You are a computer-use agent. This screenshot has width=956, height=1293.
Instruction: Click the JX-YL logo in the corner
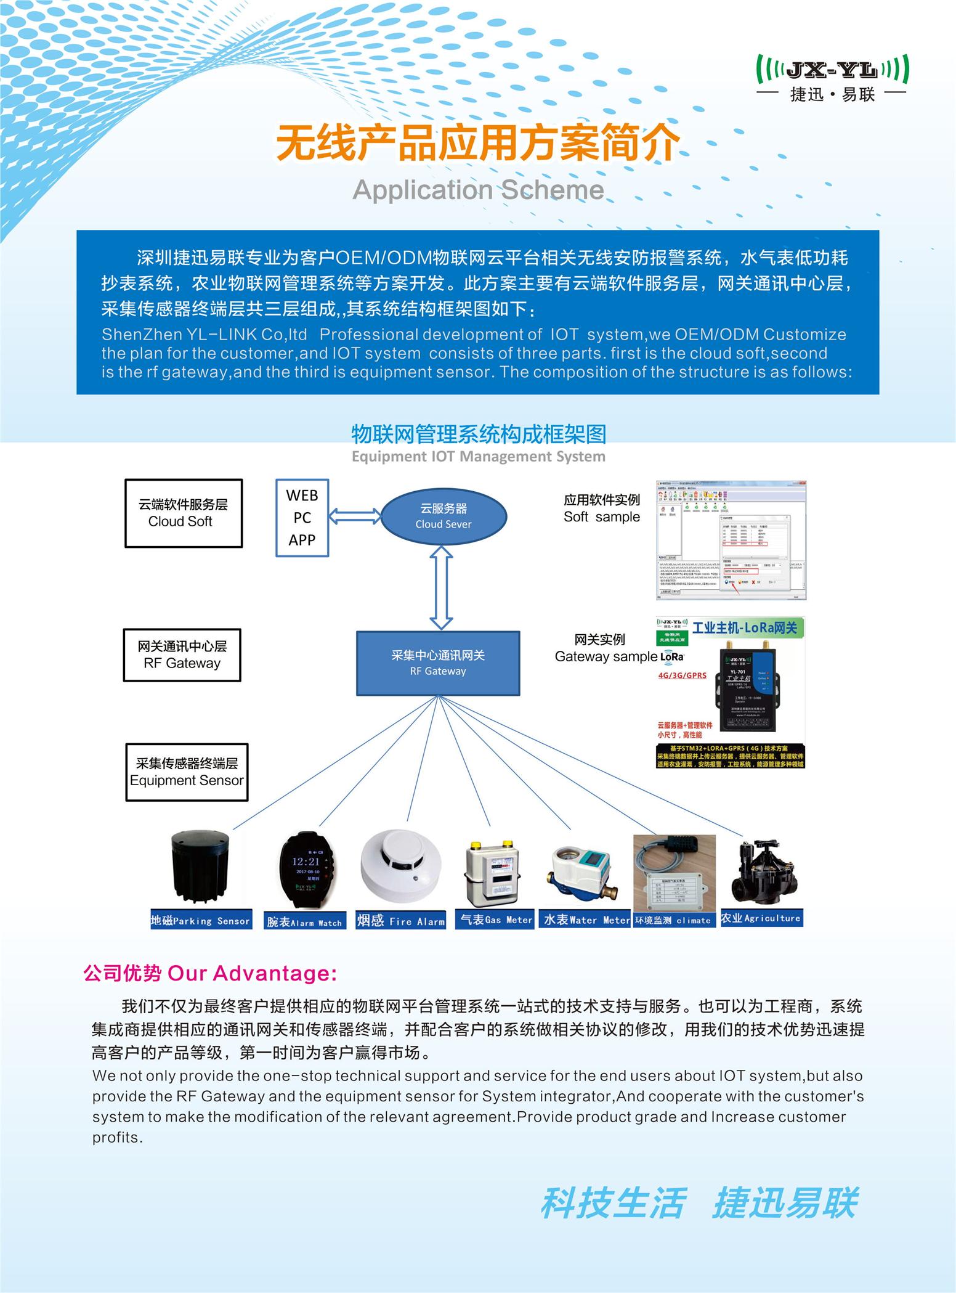click(832, 78)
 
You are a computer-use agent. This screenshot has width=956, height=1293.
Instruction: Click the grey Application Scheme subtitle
click(478, 190)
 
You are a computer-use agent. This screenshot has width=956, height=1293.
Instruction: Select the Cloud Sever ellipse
click(444, 516)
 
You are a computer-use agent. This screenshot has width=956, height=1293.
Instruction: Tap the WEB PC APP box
click(302, 518)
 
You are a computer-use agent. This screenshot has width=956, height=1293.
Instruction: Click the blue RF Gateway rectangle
click(438, 663)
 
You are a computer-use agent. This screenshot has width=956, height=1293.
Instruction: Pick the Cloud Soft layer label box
click(184, 513)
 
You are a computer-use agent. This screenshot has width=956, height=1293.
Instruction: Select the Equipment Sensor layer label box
click(187, 772)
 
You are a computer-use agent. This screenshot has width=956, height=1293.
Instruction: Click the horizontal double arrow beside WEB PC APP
click(355, 516)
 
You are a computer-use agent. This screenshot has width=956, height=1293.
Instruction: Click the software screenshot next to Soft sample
click(731, 540)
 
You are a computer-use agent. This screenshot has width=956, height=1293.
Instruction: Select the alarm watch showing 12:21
click(306, 869)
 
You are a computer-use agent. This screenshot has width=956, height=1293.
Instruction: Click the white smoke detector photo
click(401, 865)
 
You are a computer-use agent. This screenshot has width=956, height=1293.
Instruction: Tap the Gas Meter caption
click(495, 920)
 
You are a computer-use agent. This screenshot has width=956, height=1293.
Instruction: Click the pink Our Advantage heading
click(210, 974)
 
